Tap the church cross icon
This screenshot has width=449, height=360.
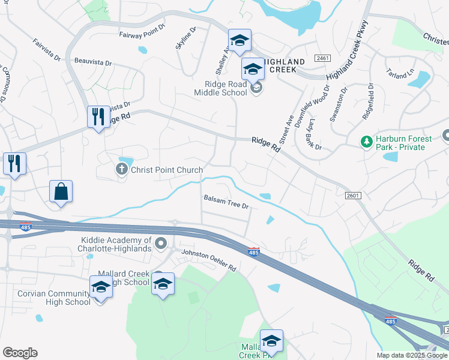tap(121, 170)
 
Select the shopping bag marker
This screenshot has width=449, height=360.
tap(61, 192)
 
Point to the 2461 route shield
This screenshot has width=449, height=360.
tap(322, 58)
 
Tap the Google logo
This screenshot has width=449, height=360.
tap(19, 353)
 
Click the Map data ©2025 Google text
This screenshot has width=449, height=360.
tap(412, 355)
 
